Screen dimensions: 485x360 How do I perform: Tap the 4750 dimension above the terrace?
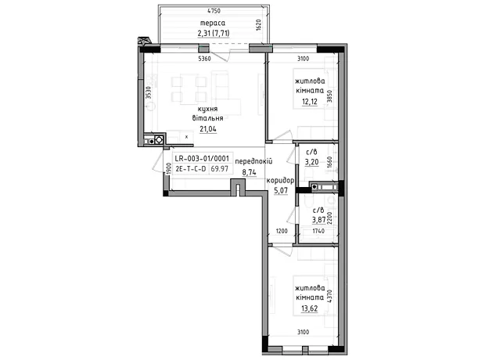point(214,11)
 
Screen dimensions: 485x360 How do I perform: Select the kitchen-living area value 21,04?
point(208,129)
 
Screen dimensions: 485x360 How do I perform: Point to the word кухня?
point(208,109)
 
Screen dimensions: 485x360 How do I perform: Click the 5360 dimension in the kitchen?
point(204,59)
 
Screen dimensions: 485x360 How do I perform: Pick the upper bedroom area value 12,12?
point(310,102)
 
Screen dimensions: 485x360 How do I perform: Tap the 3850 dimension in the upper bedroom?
point(330,96)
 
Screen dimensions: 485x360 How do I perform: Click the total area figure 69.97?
point(220,169)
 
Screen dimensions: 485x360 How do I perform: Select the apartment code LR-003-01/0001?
point(202,159)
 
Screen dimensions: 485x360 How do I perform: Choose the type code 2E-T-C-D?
point(191,169)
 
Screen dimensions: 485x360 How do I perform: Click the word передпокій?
point(253,161)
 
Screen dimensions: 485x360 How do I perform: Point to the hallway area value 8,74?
point(250,172)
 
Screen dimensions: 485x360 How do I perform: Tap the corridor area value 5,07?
point(281,190)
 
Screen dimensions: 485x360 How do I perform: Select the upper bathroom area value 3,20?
point(311,162)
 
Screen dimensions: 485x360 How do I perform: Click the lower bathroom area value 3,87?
point(319,220)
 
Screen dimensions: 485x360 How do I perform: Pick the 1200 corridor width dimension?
point(282,231)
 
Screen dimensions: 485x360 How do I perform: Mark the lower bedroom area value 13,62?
point(310,308)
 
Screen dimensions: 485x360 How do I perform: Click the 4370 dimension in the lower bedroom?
point(329,297)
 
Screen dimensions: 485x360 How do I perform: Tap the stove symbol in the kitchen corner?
point(159,140)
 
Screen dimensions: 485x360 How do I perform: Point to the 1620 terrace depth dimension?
point(259,25)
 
